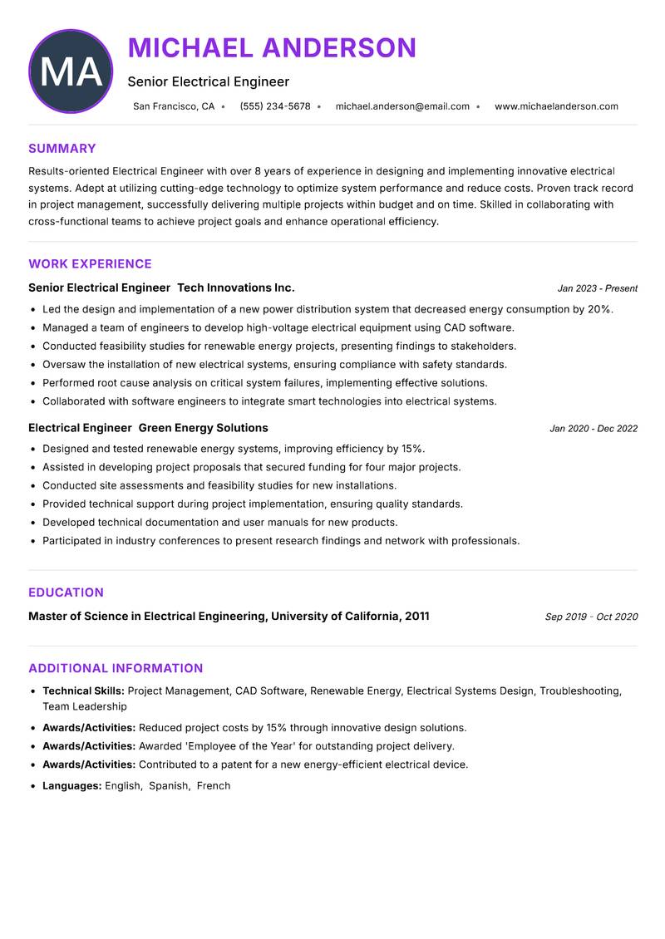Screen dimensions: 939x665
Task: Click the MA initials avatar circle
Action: pyautogui.click(x=71, y=71)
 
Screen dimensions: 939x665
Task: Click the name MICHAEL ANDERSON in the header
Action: pyautogui.click(x=272, y=48)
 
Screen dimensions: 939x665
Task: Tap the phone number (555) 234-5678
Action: pyautogui.click(x=274, y=106)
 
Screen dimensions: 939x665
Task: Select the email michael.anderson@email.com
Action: pyautogui.click(x=402, y=106)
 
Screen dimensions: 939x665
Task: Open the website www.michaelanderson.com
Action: pyautogui.click(x=556, y=106)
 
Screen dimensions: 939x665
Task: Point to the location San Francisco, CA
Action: pyautogui.click(x=174, y=106)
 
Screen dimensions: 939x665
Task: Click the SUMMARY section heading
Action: pyautogui.click(x=62, y=149)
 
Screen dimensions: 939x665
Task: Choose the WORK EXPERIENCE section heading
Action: pyautogui.click(x=90, y=264)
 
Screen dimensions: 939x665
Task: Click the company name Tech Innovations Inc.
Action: pyautogui.click(x=236, y=288)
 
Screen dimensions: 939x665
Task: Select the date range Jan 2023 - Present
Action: pyautogui.click(x=597, y=288)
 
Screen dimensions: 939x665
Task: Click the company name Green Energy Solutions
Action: pyautogui.click(x=203, y=428)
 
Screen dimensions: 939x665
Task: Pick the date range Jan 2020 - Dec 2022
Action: pyautogui.click(x=594, y=429)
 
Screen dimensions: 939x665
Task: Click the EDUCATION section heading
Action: pyautogui.click(x=66, y=592)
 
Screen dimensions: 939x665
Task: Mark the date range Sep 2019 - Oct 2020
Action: pyautogui.click(x=591, y=617)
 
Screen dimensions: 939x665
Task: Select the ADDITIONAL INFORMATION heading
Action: pyautogui.click(x=116, y=668)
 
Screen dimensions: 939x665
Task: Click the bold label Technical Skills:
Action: pyautogui.click(x=83, y=691)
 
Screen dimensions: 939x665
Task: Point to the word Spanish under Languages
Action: pyautogui.click(x=169, y=785)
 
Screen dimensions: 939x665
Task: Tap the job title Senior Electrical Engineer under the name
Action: pyautogui.click(x=208, y=81)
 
